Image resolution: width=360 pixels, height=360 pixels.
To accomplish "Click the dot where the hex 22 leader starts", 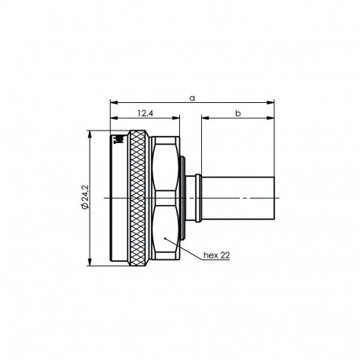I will [164, 237].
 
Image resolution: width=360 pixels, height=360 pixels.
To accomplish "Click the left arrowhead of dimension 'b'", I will [204, 119].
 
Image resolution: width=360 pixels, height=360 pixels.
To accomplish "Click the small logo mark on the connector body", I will [119, 141].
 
